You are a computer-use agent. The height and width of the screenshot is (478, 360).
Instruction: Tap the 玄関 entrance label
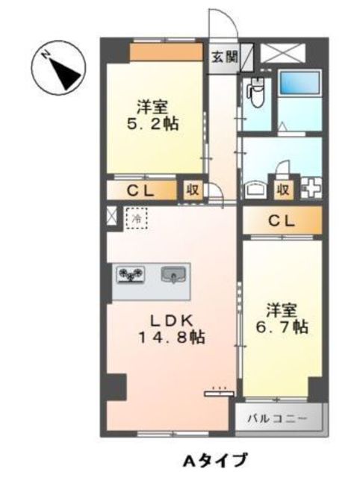tap(220, 56)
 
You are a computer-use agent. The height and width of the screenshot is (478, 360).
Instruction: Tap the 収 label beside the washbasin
tap(283, 188)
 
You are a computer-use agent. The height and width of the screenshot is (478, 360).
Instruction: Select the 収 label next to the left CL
tap(193, 190)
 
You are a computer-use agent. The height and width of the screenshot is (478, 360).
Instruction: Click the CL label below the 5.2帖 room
tap(140, 190)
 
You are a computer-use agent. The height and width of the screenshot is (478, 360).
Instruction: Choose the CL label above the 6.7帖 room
tap(280, 220)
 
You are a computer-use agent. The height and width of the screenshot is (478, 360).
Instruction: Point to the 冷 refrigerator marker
tap(137, 219)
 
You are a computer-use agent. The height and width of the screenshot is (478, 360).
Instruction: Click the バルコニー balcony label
tap(281, 419)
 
